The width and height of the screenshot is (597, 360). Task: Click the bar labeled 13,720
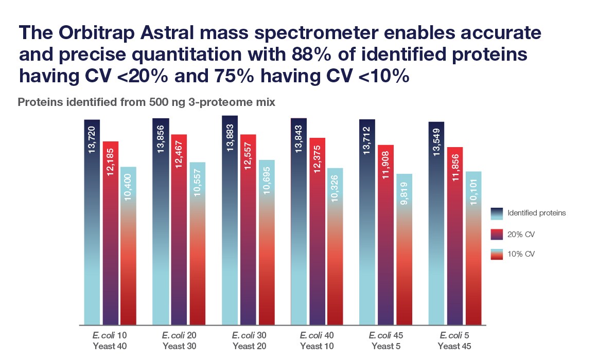(x=92, y=221)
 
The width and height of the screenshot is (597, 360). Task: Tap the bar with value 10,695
(x=266, y=242)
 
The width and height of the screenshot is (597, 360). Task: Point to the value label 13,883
(x=230, y=138)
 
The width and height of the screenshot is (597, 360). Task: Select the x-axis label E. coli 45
(x=385, y=335)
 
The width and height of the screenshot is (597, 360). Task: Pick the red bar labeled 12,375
(x=317, y=231)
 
